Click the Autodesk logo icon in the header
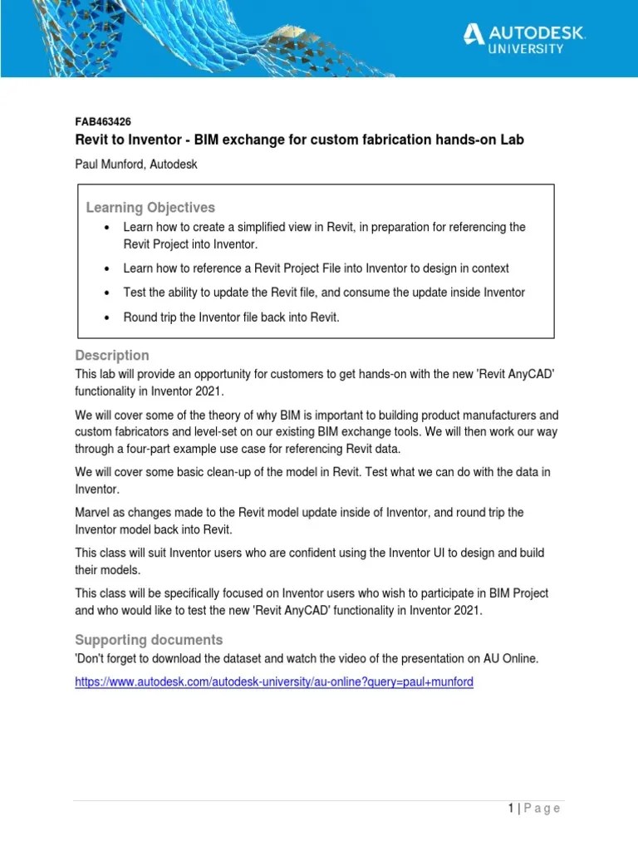pyautogui.click(x=474, y=33)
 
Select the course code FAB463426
pyautogui.click(x=103, y=121)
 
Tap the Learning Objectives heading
pyautogui.click(x=150, y=207)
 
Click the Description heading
pyautogui.click(x=112, y=355)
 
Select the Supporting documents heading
pyautogui.click(x=149, y=639)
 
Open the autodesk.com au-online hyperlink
pyautogui.click(x=274, y=681)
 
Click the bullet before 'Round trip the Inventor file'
pyautogui.click(x=107, y=317)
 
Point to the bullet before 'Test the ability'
pyautogui.click(x=107, y=293)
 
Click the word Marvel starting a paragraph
pyautogui.click(x=93, y=512)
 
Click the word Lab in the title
pyautogui.click(x=512, y=140)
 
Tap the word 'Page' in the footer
pyautogui.click(x=542, y=808)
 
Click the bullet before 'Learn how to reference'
pyautogui.click(x=107, y=269)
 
